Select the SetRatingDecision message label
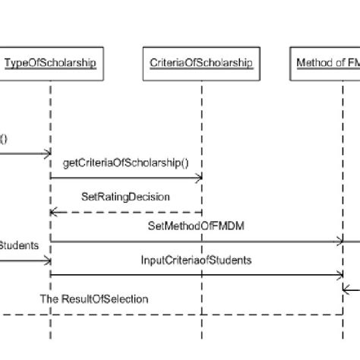(125, 197)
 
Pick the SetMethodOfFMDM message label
(201, 226)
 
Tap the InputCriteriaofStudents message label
(197, 260)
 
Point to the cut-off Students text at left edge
(20, 245)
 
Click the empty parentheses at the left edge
(4, 138)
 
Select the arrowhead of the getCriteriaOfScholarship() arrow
(198, 178)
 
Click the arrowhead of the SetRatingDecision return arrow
(55, 212)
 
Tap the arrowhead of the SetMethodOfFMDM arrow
(340, 242)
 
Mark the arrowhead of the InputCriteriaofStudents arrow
(340, 275)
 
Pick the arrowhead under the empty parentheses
(46, 153)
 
